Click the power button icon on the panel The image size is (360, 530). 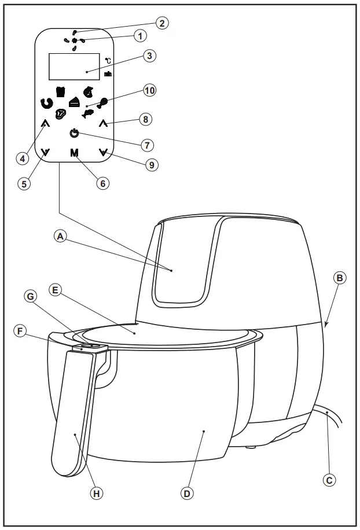(x=74, y=134)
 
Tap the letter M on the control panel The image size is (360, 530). (x=74, y=153)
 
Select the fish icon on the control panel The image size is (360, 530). (x=88, y=113)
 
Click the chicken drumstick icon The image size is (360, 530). (x=102, y=103)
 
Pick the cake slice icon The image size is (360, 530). (x=74, y=102)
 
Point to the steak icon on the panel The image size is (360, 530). (x=61, y=114)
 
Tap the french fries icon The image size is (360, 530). (x=60, y=91)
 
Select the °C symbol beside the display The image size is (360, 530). (x=108, y=61)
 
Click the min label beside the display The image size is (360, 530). (x=108, y=75)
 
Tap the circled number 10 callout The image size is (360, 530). (x=149, y=91)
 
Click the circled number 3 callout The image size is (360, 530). (x=149, y=56)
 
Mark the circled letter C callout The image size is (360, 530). (x=329, y=479)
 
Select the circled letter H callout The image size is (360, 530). (x=97, y=493)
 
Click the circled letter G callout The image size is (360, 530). (x=32, y=296)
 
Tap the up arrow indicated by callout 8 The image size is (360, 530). (x=104, y=123)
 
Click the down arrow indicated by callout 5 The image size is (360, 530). (x=46, y=153)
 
